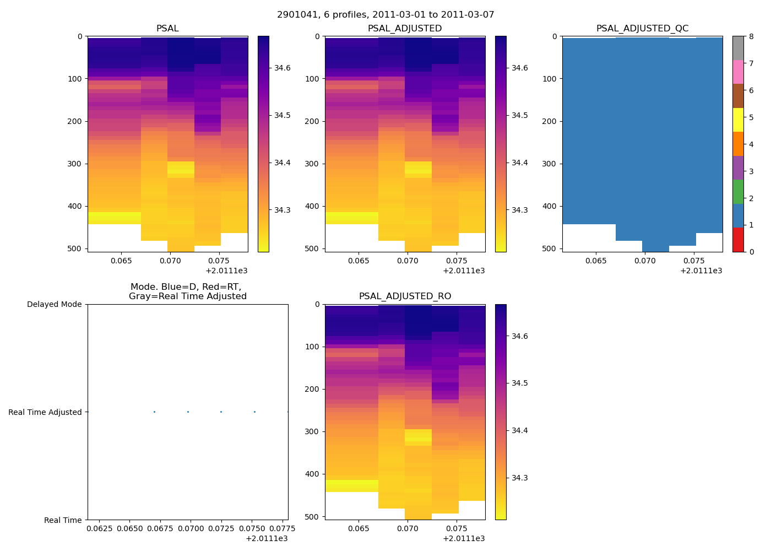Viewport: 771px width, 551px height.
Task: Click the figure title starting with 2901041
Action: point(385,15)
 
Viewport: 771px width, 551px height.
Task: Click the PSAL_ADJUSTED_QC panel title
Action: point(642,29)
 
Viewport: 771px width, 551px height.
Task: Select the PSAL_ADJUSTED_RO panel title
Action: point(405,296)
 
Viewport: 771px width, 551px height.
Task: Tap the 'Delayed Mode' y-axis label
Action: point(54,304)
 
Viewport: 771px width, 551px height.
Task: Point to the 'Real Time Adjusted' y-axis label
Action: point(45,412)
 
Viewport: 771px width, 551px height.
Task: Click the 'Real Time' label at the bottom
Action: point(63,520)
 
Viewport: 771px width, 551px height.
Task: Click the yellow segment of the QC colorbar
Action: point(738,120)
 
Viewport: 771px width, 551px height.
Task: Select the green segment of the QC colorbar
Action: point(738,192)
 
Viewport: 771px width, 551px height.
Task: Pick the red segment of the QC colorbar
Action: point(738,240)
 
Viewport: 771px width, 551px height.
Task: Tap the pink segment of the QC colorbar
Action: point(738,72)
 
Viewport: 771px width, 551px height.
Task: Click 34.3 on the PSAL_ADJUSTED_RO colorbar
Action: point(520,478)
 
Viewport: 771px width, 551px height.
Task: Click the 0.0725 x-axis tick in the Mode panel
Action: point(221,530)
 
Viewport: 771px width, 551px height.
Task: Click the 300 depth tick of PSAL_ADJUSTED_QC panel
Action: point(550,164)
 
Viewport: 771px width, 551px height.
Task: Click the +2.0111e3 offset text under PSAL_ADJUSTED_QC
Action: point(701,271)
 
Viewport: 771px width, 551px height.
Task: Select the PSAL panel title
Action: point(167,29)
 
